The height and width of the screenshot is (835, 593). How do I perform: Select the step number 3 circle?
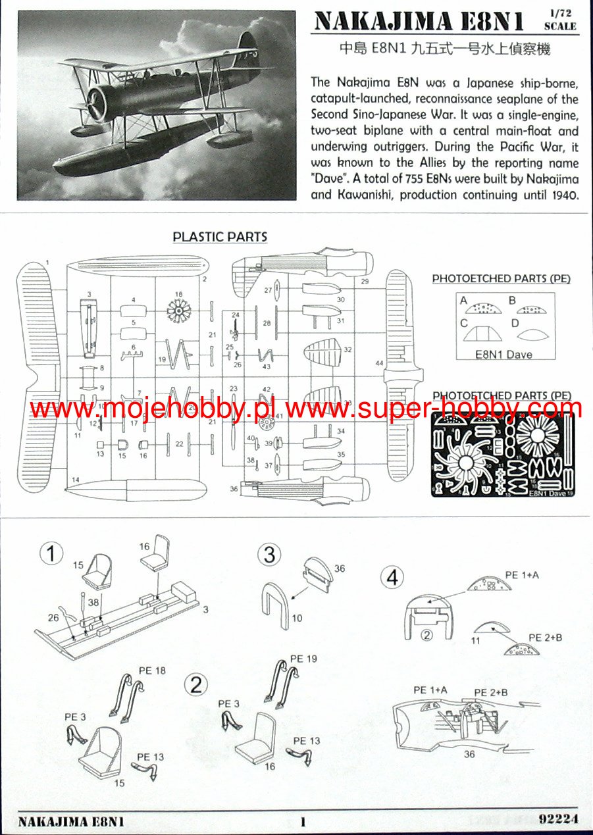coord(269,554)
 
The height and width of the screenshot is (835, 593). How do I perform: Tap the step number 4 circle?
coord(393,578)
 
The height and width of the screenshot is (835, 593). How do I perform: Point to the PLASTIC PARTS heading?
coord(220,237)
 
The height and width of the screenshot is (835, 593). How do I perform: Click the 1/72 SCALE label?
coord(560,20)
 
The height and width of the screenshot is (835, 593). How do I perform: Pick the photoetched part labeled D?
coord(530,333)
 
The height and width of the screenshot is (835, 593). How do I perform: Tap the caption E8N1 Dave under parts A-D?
coord(504,354)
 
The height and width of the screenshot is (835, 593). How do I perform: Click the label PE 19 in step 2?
coord(303,659)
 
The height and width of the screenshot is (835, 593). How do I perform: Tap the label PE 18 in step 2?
coord(152,670)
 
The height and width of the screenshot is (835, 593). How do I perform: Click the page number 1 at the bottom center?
coord(303,821)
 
